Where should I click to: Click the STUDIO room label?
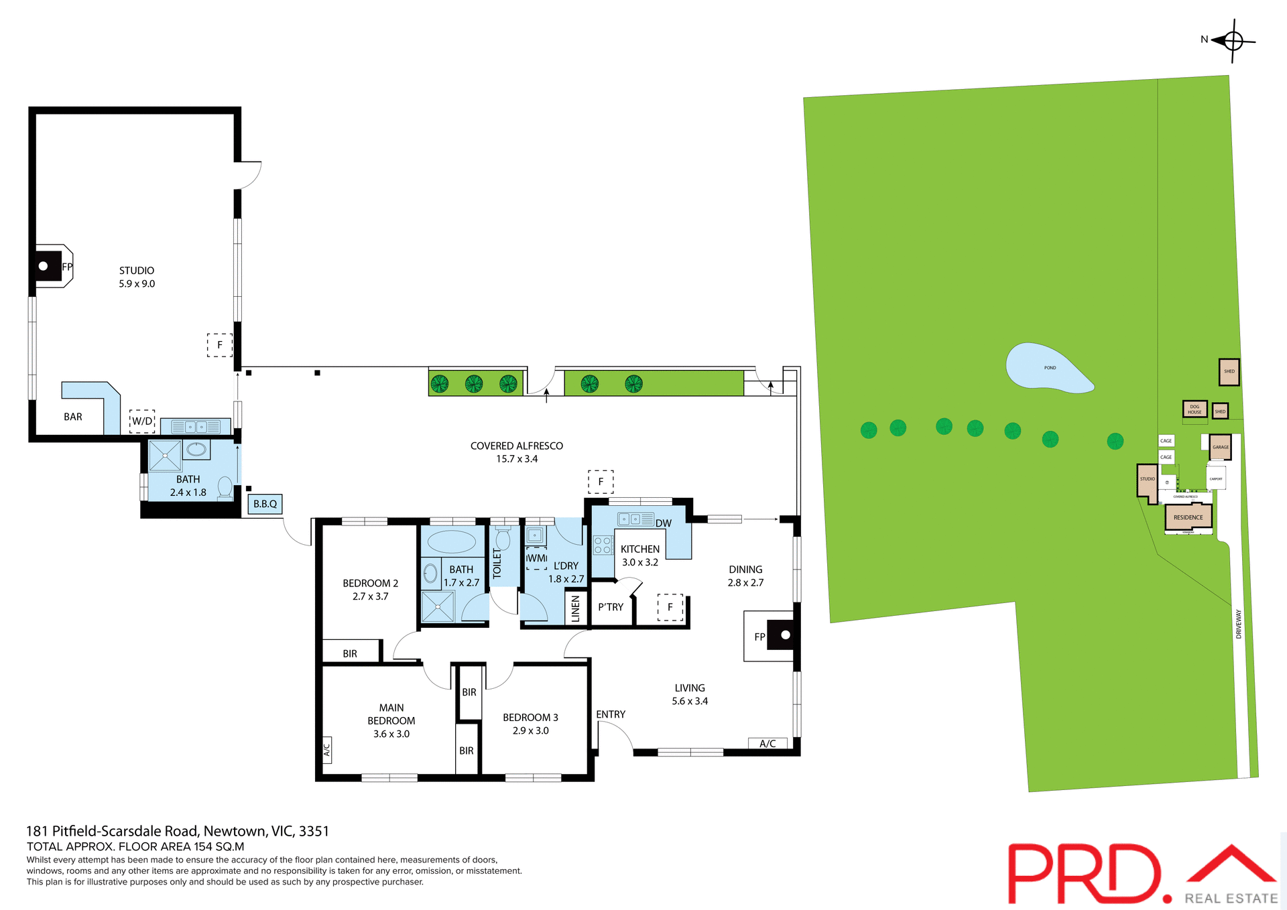coord(137,271)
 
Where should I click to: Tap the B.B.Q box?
coord(265,504)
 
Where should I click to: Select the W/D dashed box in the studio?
coord(142,421)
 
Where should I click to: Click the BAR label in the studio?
coord(73,417)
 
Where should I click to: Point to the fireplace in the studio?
coord(47,266)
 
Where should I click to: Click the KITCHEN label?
coord(639,549)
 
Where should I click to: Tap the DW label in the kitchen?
coord(664,523)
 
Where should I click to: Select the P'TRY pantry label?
coord(611,607)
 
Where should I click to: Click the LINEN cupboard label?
coord(575,609)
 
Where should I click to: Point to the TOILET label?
coord(497,563)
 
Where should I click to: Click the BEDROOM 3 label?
coord(530,718)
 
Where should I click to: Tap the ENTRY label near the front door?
coord(611,714)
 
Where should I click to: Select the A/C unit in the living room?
coord(768,744)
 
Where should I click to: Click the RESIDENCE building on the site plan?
coord(1188,517)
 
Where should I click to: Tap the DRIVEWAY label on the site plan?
coord(1239,624)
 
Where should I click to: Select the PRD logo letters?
coord(1085,873)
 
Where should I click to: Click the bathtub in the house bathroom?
coord(452,541)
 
